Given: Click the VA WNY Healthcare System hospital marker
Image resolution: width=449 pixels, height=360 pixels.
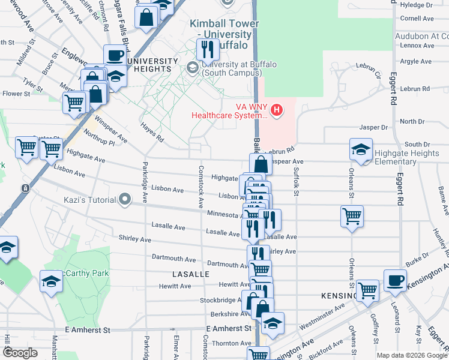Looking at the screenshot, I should point(277,110).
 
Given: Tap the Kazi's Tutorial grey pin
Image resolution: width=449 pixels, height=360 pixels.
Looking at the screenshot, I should point(125,199).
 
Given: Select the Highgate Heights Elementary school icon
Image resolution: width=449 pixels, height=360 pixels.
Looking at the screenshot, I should point(361,150).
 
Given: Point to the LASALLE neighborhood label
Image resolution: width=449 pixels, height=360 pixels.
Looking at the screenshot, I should point(191,274).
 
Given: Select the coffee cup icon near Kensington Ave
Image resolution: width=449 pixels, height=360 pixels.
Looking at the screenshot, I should point(395,281).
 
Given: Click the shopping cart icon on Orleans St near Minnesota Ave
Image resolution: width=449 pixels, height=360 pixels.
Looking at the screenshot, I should point(351,216).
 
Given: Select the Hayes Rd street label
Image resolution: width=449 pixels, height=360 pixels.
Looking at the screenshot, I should point(152,132).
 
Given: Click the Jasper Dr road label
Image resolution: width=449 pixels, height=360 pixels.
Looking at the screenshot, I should point(373,127).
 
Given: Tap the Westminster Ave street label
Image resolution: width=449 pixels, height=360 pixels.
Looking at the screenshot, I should point(322,316).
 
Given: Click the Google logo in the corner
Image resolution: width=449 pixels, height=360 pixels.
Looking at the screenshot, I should point(20,353).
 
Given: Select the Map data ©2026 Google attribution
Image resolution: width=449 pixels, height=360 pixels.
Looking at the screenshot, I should point(412,355).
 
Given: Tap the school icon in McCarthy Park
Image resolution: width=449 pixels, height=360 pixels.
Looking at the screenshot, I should point(52,281).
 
